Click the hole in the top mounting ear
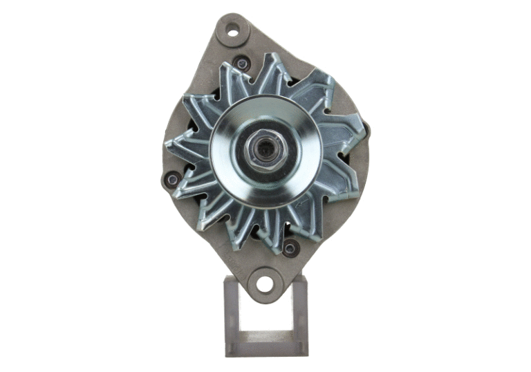[232, 30]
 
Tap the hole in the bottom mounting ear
[265, 282]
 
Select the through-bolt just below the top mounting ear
[241, 64]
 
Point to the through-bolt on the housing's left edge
[171, 180]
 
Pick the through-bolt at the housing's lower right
[291, 247]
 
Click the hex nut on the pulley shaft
[265, 149]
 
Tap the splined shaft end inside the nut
[265, 148]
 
